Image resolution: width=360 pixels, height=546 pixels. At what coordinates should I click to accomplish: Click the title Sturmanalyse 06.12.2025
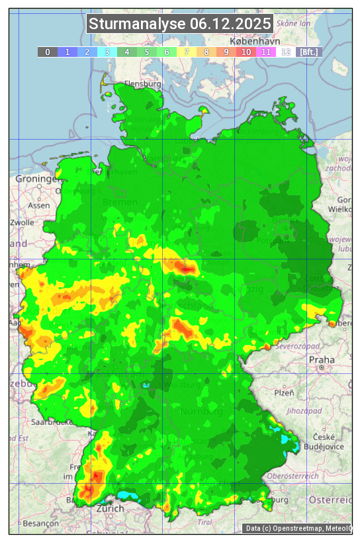click(x=180, y=24)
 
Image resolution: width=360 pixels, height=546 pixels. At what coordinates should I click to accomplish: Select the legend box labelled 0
click(x=47, y=52)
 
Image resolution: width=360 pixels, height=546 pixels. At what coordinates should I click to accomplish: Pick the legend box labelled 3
click(x=107, y=52)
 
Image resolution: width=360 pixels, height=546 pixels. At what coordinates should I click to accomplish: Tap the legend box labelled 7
click(x=187, y=52)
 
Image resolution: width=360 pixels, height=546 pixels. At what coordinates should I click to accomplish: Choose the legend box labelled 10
click(x=246, y=52)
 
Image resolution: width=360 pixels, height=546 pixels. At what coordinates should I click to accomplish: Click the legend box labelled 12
click(x=286, y=52)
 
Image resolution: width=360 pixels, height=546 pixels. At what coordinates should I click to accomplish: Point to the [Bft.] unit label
click(x=308, y=52)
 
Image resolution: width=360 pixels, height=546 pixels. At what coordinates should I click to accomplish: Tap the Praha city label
click(x=321, y=359)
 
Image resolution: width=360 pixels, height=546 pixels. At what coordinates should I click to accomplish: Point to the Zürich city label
click(x=110, y=508)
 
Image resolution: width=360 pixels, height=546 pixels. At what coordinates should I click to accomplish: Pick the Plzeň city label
click(x=283, y=392)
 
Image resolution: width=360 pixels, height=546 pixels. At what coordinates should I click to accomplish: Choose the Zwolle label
click(x=22, y=222)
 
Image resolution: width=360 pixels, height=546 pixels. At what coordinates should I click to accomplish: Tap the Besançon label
click(x=40, y=523)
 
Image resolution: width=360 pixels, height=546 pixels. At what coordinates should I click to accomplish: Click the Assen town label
click(x=39, y=205)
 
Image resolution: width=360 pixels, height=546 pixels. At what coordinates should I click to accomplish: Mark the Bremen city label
click(x=120, y=202)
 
